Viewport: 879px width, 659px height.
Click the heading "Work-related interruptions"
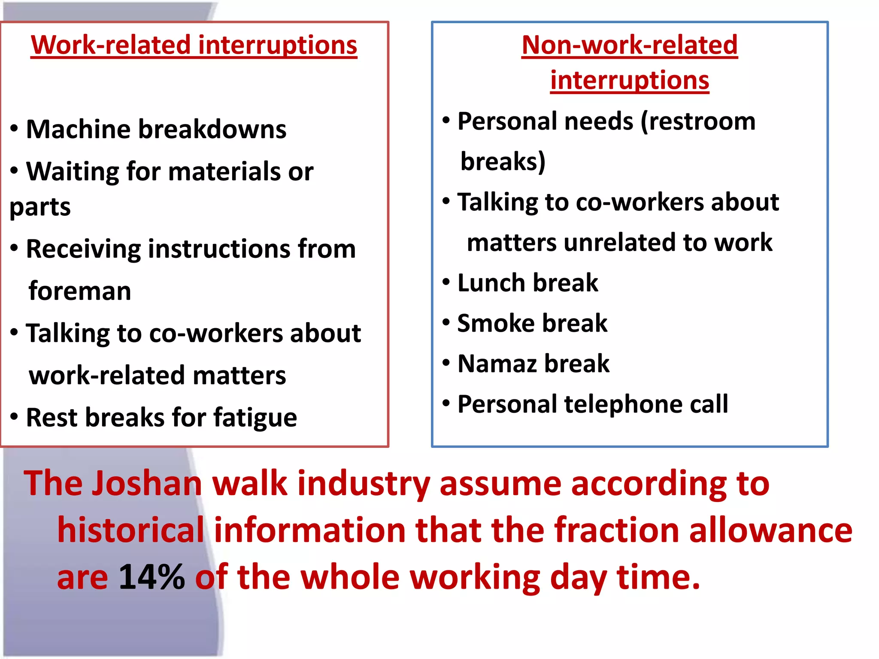[194, 45]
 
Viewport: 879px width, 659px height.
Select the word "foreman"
[80, 291]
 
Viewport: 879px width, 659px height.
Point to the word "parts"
[40, 208]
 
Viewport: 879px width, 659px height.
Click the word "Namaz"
[497, 363]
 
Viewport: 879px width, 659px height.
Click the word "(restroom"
[698, 121]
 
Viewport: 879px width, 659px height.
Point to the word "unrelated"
[619, 242]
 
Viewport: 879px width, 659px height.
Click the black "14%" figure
[152, 577]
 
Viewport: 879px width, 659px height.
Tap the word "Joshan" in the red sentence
[147, 484]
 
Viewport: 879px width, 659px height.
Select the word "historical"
[130, 530]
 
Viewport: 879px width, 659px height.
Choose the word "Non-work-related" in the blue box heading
[630, 45]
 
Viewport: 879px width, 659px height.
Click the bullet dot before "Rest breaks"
[14, 417]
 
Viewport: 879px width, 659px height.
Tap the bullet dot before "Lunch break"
[446, 282]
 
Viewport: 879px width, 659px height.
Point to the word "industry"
[364, 484]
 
